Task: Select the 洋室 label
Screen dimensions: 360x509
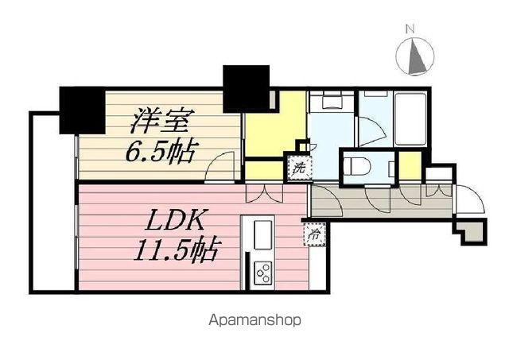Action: (x=162, y=122)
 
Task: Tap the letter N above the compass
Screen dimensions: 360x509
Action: (x=410, y=29)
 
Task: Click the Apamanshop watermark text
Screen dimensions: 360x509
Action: (x=254, y=323)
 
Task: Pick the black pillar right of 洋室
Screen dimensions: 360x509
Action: (x=247, y=87)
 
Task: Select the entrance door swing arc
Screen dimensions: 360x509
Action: (x=469, y=195)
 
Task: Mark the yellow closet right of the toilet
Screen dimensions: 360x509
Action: (x=409, y=168)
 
